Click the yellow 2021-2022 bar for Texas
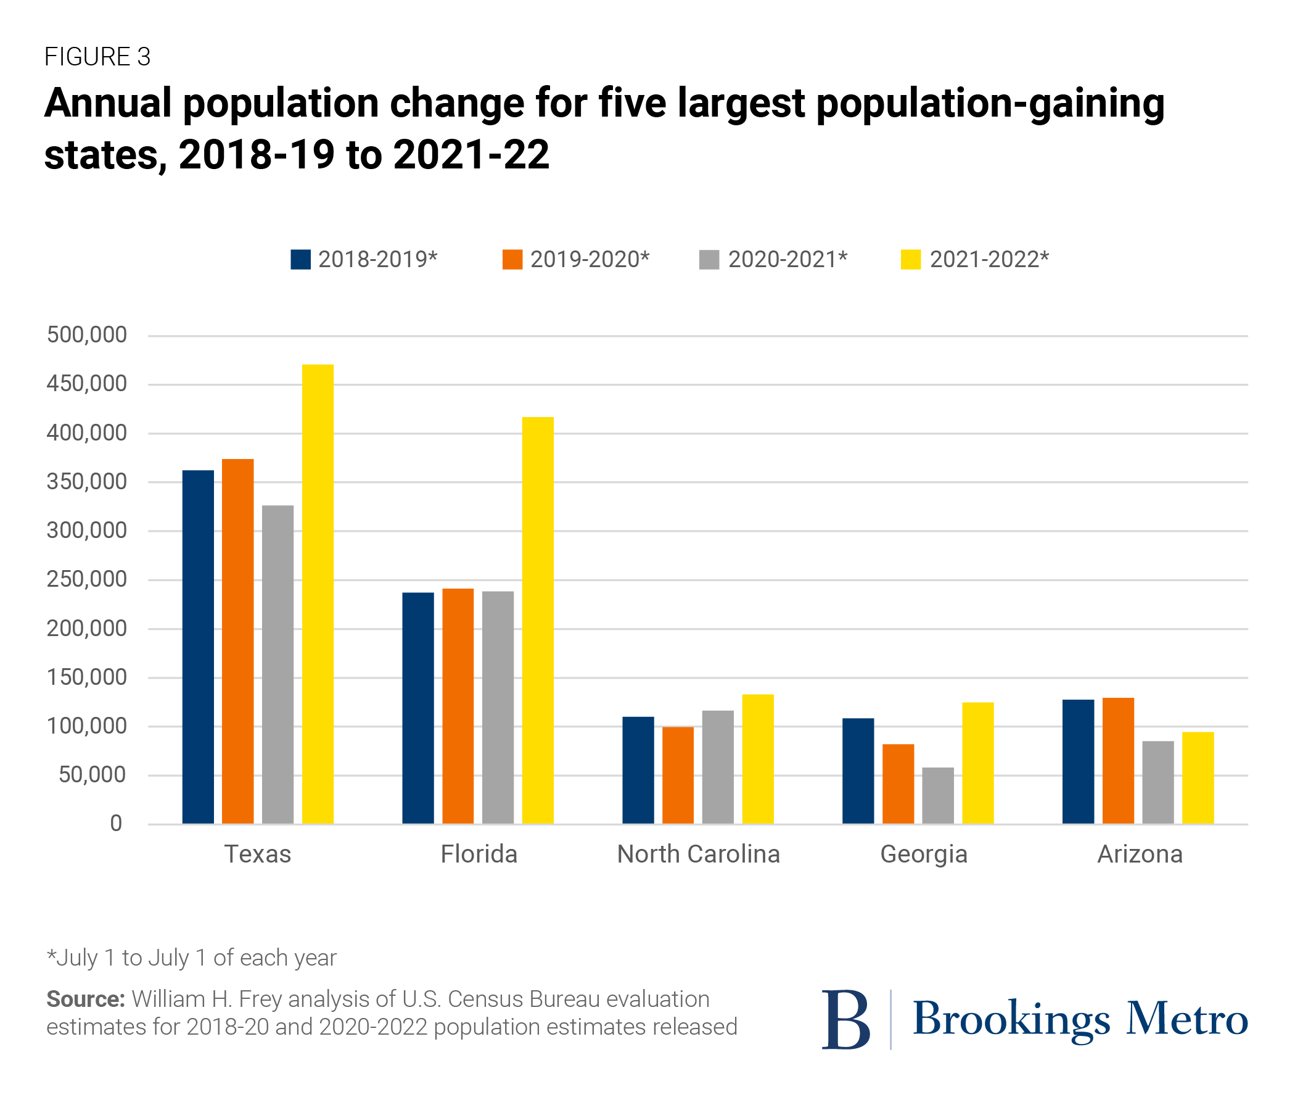click(318, 594)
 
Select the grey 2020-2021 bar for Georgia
click(937, 795)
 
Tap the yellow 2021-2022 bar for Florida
click(538, 619)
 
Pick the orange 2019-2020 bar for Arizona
click(1118, 761)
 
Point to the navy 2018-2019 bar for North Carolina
click(638, 770)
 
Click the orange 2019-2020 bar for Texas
click(237, 641)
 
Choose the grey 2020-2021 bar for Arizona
click(1158, 782)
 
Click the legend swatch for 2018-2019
click(301, 260)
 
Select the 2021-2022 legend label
click(989, 260)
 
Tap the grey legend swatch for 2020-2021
click(709, 260)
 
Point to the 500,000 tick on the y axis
click(87, 335)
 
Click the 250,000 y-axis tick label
click(87, 580)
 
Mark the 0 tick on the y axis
click(117, 824)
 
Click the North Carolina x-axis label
click(698, 855)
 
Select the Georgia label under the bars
click(924, 855)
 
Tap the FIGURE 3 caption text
click(97, 57)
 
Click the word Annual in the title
click(107, 103)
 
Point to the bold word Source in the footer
click(86, 999)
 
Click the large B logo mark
click(845, 1019)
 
